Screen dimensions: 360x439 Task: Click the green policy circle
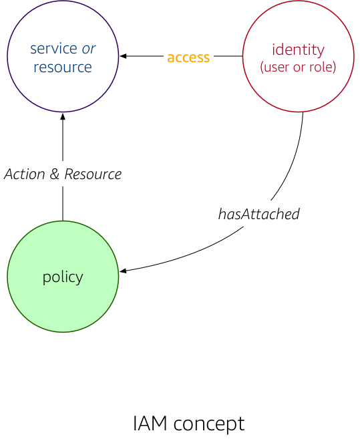[x=63, y=277]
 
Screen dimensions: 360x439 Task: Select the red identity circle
[x=299, y=56]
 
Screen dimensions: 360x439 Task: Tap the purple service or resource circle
[x=63, y=56]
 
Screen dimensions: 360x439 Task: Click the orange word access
[x=188, y=57]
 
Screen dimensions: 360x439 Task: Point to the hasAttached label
[x=259, y=214]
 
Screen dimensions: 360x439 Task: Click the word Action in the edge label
[x=25, y=174]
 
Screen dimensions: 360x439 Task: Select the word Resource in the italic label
[x=93, y=174]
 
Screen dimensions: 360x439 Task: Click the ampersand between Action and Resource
[x=55, y=174]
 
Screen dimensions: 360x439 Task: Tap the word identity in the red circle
[x=299, y=50]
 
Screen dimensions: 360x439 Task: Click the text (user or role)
[x=298, y=67]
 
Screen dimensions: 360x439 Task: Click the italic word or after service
[x=89, y=49]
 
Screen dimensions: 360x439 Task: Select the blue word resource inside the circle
[x=63, y=67]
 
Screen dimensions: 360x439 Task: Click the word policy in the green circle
[x=63, y=277]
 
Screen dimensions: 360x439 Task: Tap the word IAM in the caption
[x=150, y=424]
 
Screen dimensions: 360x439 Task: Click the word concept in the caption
[x=209, y=424]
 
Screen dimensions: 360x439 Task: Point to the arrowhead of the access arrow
[x=123, y=56]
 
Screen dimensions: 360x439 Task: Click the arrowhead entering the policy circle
[x=123, y=271]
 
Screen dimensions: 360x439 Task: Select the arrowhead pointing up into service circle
[x=63, y=116]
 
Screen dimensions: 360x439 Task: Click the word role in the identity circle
[x=321, y=67]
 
